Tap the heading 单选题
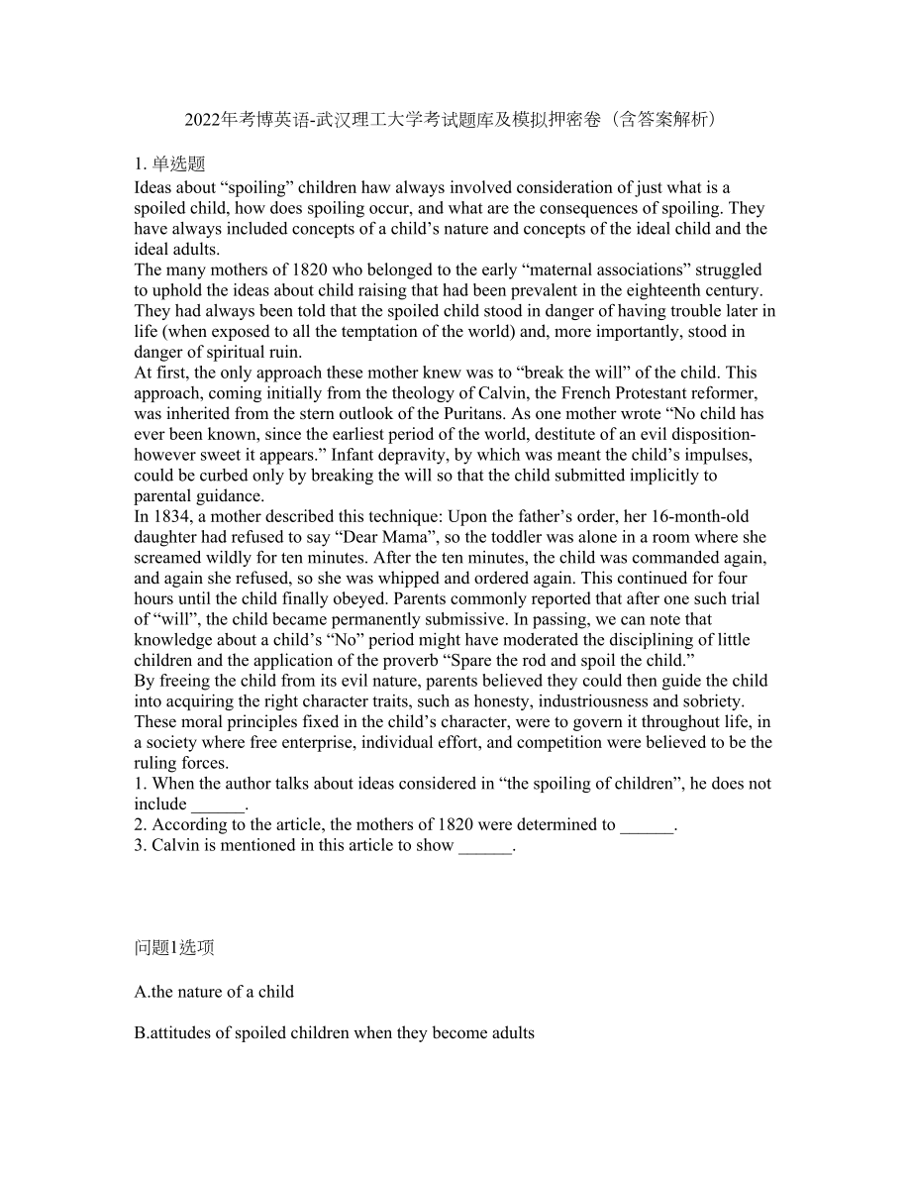point(178,164)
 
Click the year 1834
point(167,517)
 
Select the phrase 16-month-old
point(716,517)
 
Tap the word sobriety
point(711,701)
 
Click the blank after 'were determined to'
point(647,825)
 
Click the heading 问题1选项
point(174,948)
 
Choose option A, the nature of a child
point(215,991)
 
